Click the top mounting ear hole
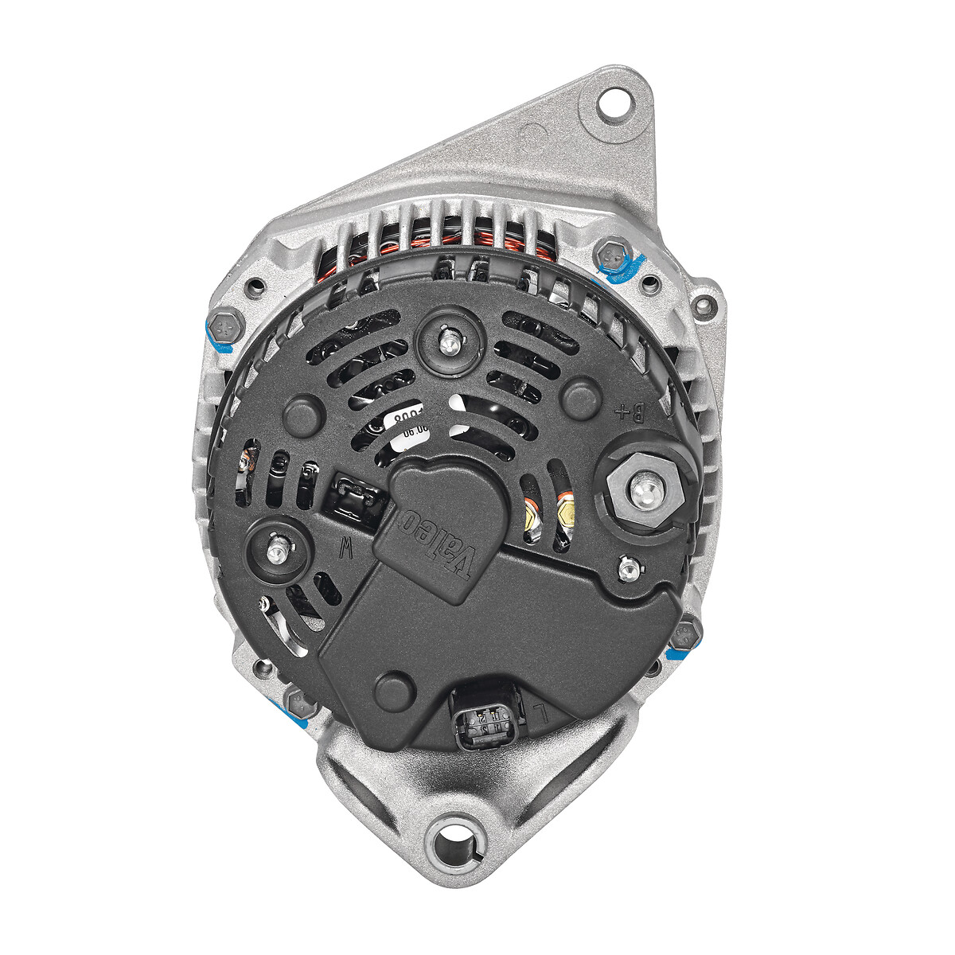pyautogui.click(x=613, y=103)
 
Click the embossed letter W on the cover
pyautogui.click(x=345, y=547)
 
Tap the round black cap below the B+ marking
pyautogui.click(x=582, y=397)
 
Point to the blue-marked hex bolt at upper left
pyautogui.click(x=222, y=325)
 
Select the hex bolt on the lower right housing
pyautogui.click(x=684, y=634)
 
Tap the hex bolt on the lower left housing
pyautogui.click(x=302, y=701)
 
